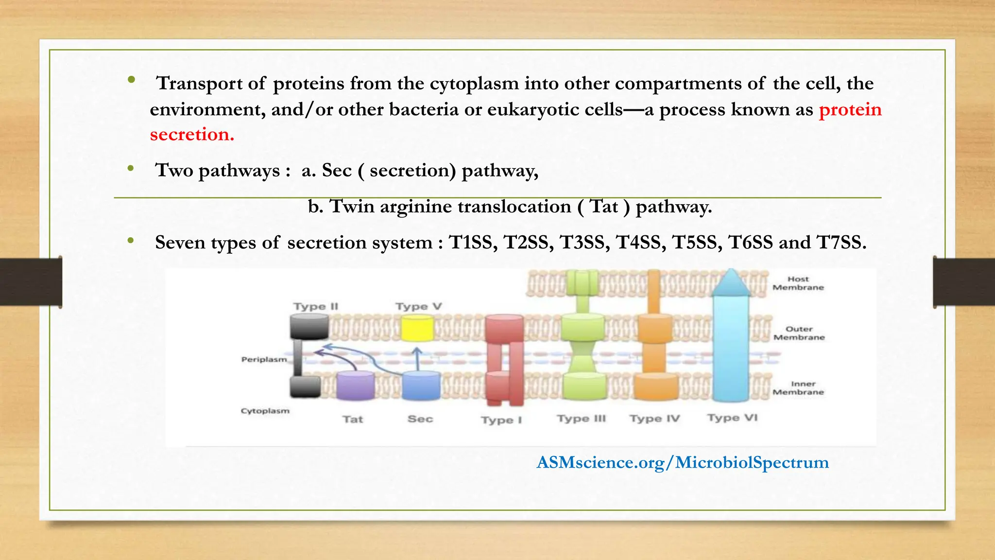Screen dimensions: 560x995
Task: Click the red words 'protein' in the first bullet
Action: [850, 110]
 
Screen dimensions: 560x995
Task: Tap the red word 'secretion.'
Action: [192, 135]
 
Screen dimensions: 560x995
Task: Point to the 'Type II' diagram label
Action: [316, 306]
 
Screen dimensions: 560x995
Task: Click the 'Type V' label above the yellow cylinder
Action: [418, 306]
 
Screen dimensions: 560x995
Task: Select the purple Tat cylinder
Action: [356, 385]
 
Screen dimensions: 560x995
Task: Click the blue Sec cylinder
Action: [421, 385]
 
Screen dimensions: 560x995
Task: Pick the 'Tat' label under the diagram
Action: [353, 419]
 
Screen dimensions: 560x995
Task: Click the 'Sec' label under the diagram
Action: [420, 419]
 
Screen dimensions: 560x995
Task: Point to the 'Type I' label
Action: [501, 420]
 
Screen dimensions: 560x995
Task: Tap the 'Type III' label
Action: [582, 419]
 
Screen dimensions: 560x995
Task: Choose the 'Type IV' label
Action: [655, 419]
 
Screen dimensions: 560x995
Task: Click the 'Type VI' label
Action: [732, 418]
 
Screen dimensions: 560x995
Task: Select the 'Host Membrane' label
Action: [798, 283]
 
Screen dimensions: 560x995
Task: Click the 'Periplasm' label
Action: [264, 359]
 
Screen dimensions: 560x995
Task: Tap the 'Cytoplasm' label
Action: [265, 411]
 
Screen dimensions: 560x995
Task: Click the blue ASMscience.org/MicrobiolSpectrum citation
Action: [683, 462]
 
